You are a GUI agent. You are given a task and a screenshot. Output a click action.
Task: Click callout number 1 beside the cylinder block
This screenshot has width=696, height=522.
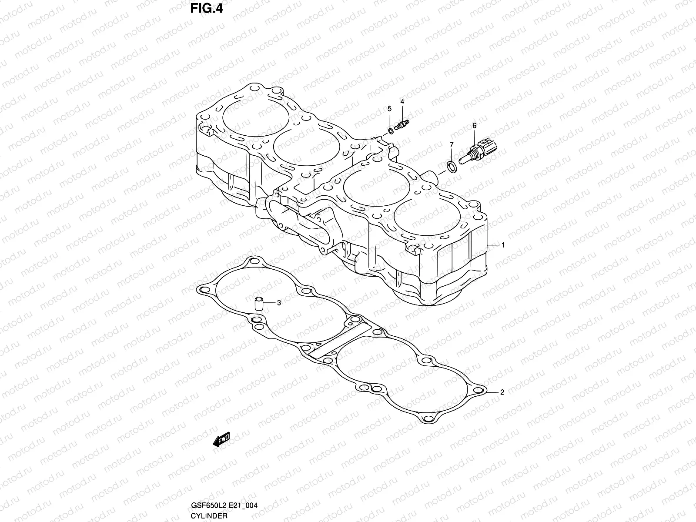(x=503, y=245)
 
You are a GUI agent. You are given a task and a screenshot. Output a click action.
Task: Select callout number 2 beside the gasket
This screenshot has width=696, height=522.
(x=502, y=392)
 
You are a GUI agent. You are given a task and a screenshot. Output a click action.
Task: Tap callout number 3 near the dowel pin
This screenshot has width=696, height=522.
(x=279, y=302)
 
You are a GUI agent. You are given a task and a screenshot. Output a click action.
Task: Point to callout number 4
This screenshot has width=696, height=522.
(x=402, y=101)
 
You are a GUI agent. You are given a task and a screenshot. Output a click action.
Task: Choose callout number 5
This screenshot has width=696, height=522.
(x=390, y=108)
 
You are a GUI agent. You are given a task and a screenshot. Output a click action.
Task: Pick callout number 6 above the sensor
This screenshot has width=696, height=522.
(x=475, y=126)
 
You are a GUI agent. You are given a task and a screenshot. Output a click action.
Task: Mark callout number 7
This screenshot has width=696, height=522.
(x=451, y=144)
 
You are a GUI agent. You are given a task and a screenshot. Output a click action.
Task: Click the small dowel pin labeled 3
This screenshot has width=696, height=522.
(x=260, y=303)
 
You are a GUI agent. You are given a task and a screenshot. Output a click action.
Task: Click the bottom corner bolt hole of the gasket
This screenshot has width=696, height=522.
(x=430, y=418)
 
